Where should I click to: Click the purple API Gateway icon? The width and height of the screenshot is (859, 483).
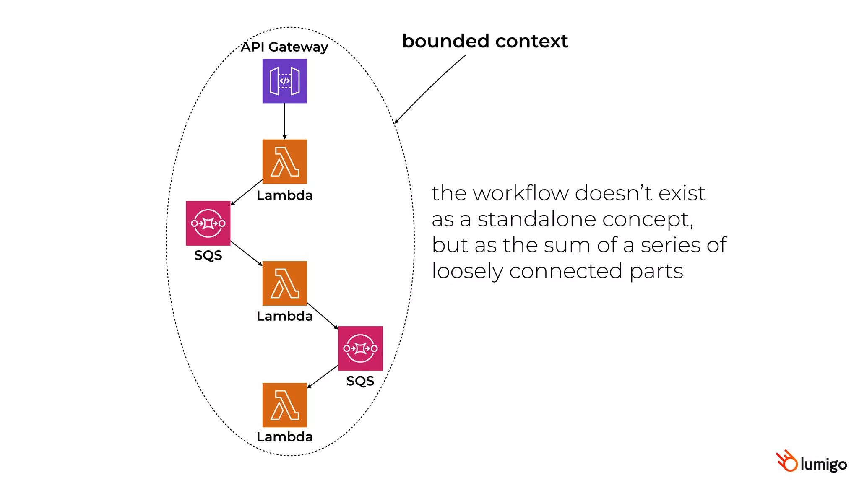pyautogui.click(x=284, y=81)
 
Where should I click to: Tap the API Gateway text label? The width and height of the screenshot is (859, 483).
pyautogui.click(x=284, y=47)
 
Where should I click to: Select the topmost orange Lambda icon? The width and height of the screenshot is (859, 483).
pyautogui.click(x=284, y=161)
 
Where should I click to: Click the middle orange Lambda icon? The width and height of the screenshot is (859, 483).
pyautogui.click(x=284, y=283)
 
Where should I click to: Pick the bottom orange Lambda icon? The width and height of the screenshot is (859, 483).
pyautogui.click(x=284, y=405)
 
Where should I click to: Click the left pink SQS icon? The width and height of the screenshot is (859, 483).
pyautogui.click(x=208, y=223)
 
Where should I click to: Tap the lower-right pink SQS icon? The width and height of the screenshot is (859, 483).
pyautogui.click(x=360, y=348)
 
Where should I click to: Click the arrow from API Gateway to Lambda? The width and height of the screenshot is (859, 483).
pyautogui.click(x=284, y=121)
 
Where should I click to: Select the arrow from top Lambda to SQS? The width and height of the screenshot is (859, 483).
pyautogui.click(x=247, y=192)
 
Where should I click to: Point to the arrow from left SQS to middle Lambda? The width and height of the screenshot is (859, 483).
pyautogui.click(x=246, y=253)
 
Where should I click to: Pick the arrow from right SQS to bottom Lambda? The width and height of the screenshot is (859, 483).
pyautogui.click(x=323, y=377)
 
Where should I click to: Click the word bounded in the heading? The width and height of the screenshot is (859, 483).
pyautogui.click(x=446, y=41)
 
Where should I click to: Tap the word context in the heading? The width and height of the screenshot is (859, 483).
pyautogui.click(x=531, y=41)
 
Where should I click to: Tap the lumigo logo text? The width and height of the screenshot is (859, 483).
pyautogui.click(x=823, y=464)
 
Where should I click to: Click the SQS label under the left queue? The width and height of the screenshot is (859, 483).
pyautogui.click(x=208, y=255)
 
